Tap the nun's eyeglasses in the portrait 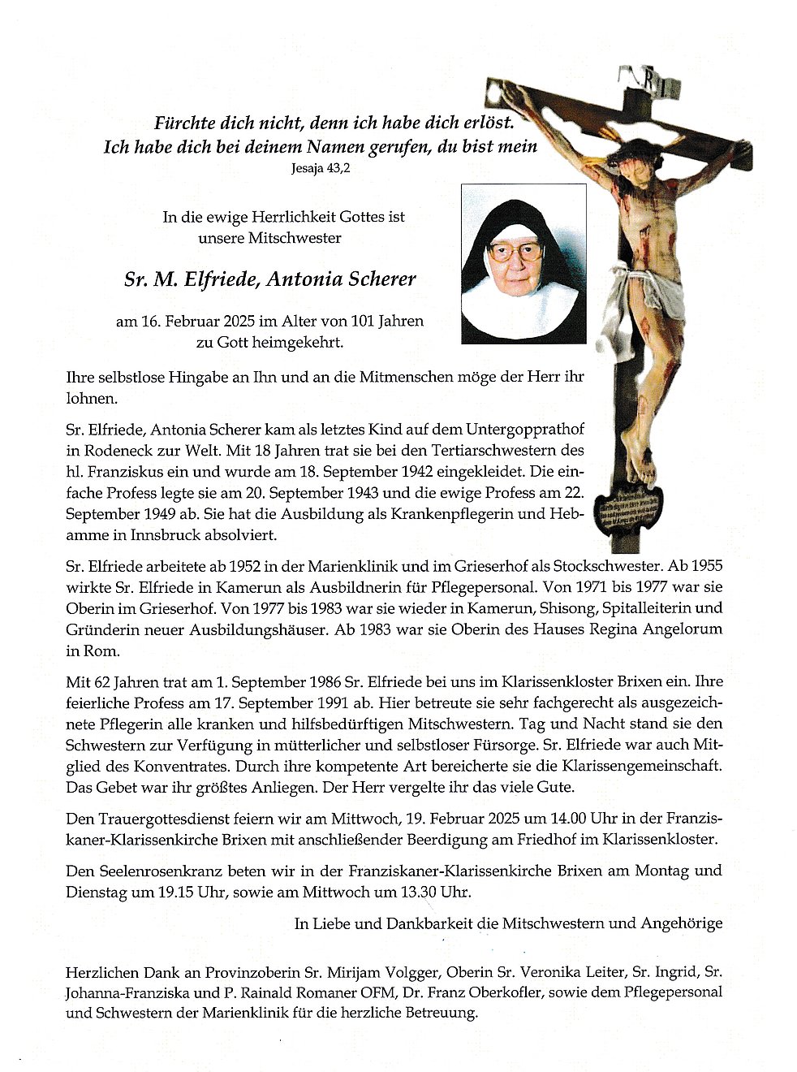[515, 251]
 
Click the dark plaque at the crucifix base [627, 510]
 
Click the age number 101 [363, 321]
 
